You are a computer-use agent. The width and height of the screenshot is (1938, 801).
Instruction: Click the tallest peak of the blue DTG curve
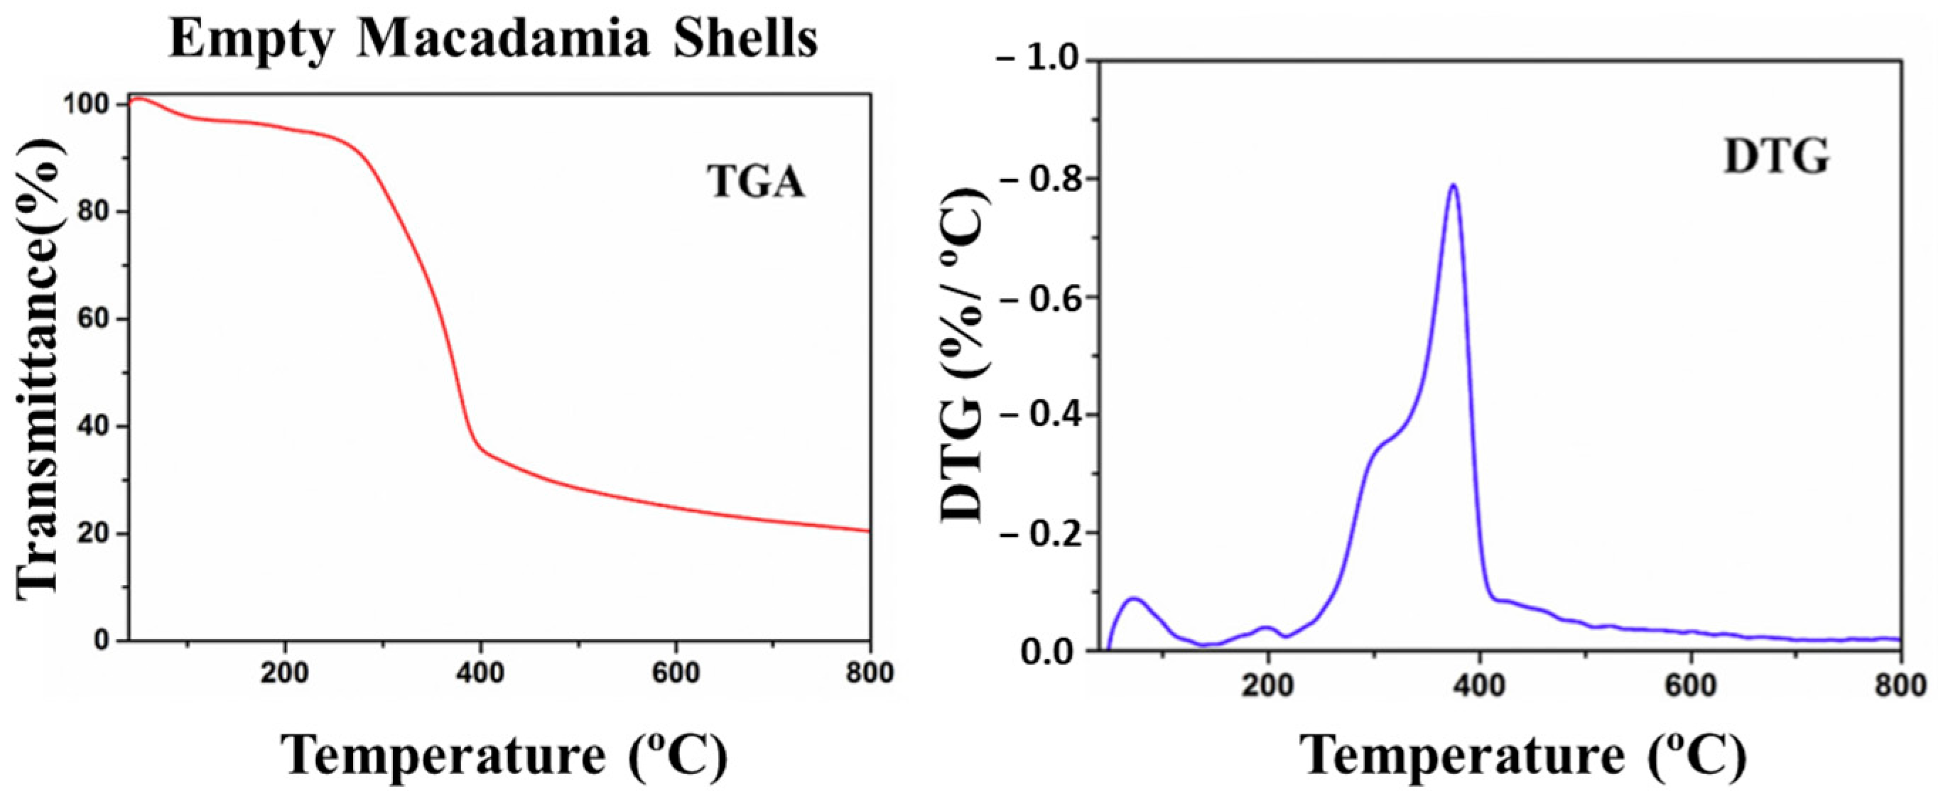[1453, 186]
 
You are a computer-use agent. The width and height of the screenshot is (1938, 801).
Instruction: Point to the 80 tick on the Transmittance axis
[98, 212]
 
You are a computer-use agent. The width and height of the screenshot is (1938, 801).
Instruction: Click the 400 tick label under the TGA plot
[480, 672]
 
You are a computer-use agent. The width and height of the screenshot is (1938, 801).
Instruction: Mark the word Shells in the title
[745, 39]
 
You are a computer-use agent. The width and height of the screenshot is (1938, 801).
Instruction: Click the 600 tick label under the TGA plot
[675, 672]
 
